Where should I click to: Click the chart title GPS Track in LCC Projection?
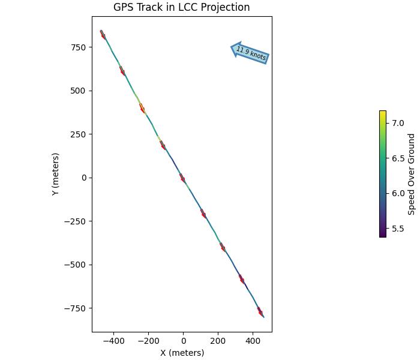tap(181, 7)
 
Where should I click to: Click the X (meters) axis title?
tap(182, 353)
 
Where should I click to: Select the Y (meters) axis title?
tap(56, 174)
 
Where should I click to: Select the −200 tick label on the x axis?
tap(148, 340)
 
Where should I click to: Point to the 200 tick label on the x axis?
tap(218, 340)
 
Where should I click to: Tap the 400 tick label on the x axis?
tap(253, 340)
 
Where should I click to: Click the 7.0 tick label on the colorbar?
tap(398, 123)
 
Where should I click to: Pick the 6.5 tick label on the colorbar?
tap(398, 158)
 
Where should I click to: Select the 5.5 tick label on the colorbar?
tap(398, 229)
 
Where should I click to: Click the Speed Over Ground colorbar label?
tap(412, 174)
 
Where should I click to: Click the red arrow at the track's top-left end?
tap(103, 35)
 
